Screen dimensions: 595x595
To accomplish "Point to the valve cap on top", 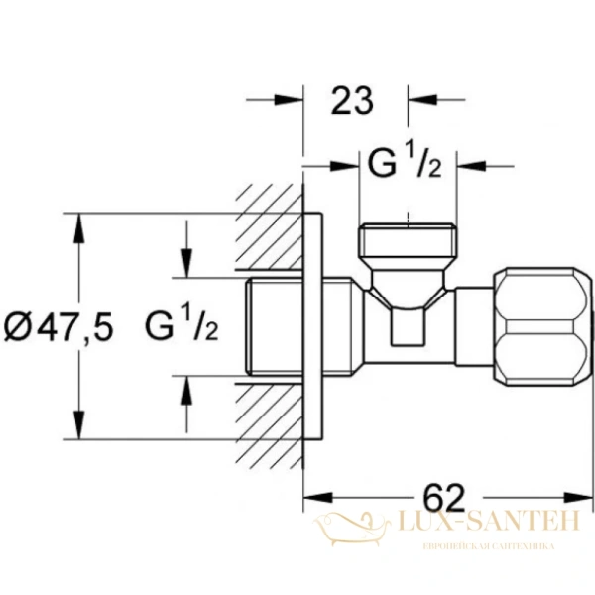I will [408, 244].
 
